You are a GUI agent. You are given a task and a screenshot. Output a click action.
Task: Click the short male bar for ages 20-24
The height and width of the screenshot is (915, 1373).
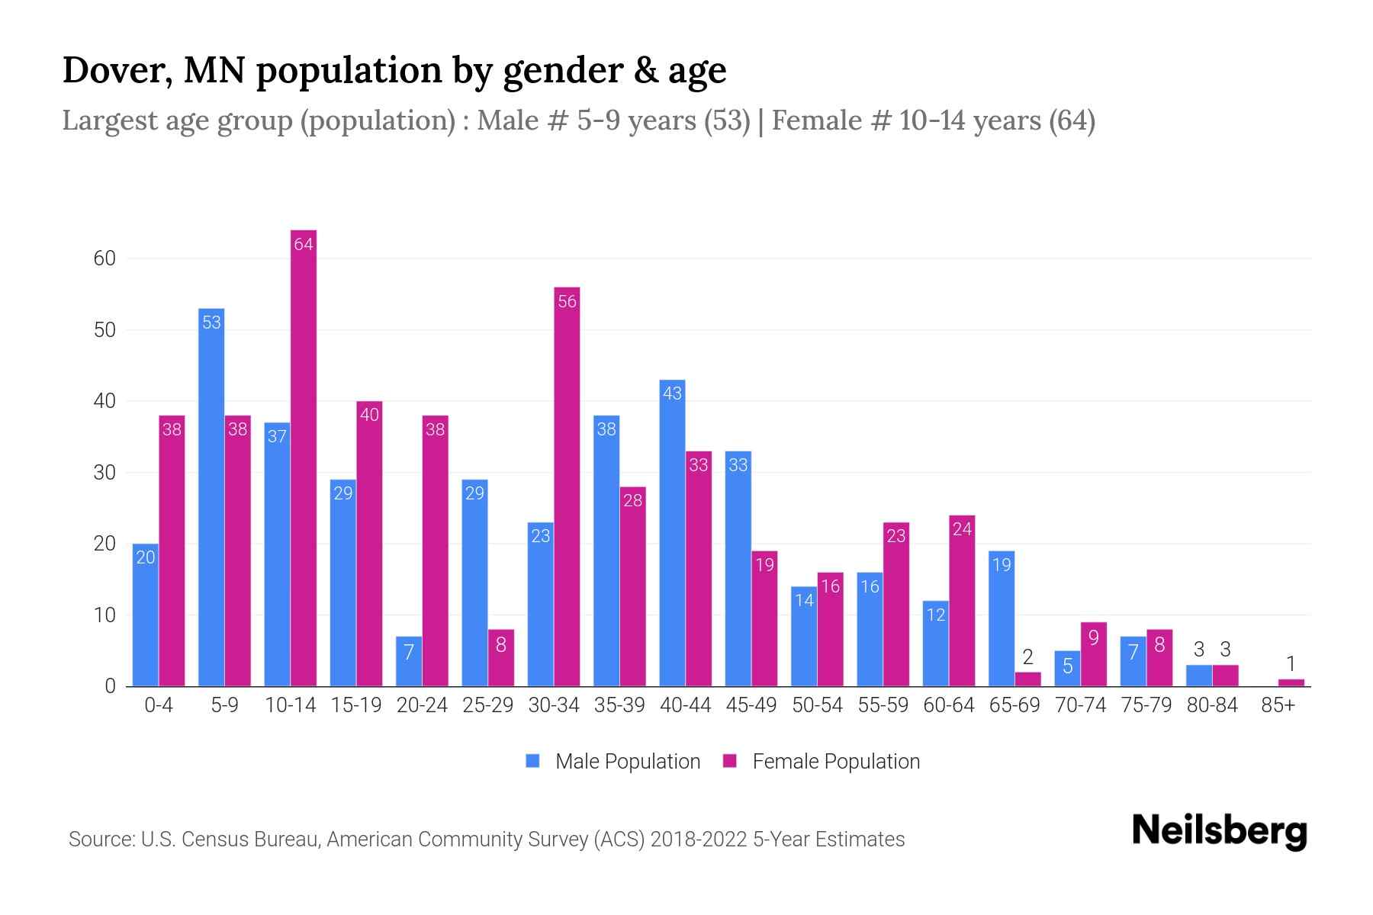pos(409,663)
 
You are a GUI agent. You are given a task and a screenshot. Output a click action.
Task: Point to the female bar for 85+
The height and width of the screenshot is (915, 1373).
pos(1291,682)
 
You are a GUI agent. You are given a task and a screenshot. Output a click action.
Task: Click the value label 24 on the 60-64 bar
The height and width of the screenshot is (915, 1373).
pos(962,528)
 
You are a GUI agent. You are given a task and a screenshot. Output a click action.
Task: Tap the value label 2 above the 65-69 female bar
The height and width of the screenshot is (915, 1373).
pos(1027,657)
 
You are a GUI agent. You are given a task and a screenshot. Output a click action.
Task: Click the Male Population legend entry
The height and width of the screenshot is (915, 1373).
pos(613,761)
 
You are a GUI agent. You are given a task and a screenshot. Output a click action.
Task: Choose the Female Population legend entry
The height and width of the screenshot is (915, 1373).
pos(822,761)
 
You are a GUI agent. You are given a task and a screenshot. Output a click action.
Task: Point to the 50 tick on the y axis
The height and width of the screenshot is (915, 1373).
pos(105,330)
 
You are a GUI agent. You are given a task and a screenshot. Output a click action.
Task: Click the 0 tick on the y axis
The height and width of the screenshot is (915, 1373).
pos(111,686)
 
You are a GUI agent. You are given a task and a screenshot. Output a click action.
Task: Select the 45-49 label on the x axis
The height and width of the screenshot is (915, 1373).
pos(751,705)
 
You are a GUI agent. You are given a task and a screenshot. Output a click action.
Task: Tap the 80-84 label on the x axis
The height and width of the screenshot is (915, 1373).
pos(1212,705)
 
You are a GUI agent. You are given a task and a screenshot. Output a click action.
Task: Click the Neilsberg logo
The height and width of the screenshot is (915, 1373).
pos(1219,831)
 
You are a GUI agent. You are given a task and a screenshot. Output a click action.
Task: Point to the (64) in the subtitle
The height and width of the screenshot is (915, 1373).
pos(1072,120)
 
